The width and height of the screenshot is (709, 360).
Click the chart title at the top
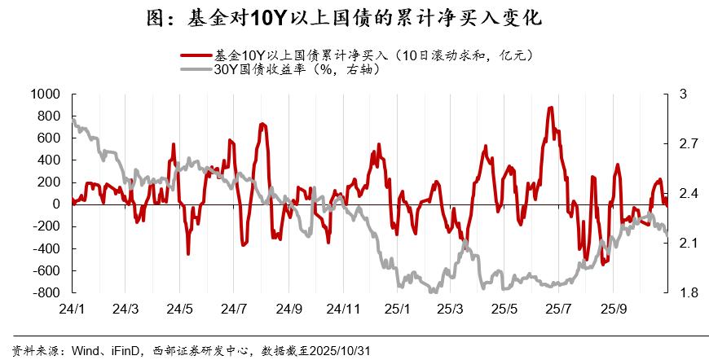point(354,17)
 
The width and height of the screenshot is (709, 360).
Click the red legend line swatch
point(196,56)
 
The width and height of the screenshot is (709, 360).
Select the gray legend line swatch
point(196,70)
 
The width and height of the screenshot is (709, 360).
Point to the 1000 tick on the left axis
point(45,94)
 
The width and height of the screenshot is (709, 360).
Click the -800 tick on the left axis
point(45,292)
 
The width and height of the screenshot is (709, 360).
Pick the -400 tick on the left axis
point(45,248)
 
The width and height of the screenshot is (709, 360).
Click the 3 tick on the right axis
point(683,94)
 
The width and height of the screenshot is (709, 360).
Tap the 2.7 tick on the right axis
point(688,144)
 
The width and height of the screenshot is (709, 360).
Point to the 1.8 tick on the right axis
point(688,292)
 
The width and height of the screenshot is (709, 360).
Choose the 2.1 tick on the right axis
point(688,243)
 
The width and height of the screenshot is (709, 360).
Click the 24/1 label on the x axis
point(72,310)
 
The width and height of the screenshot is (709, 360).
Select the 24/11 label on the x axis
point(342,310)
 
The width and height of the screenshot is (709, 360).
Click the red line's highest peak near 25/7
point(551,108)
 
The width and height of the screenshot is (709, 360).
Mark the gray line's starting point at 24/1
point(73,119)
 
